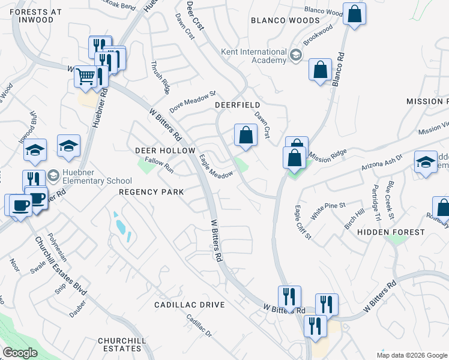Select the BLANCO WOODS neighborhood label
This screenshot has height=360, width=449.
pos(285,20)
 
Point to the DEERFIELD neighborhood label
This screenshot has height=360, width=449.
pos(237,105)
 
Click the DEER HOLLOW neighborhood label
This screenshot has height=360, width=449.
pos(165,151)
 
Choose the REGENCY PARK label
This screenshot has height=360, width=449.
pos(151,191)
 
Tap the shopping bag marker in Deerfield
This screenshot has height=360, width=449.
pos(246,134)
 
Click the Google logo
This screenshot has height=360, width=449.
pos(20,353)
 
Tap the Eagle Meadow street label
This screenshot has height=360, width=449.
pos(216,167)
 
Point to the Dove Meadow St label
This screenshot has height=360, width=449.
pos(192,101)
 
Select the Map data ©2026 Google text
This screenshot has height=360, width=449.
pos(411,355)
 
